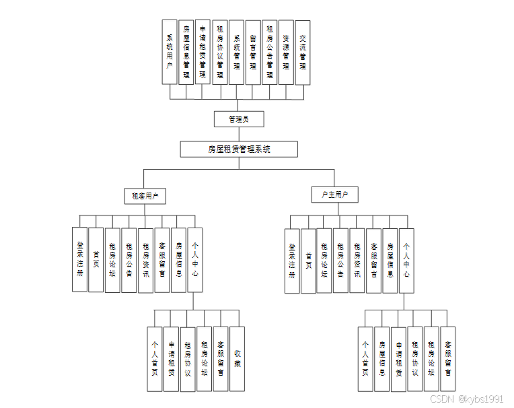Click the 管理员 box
pos(239,119)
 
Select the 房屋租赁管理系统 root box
pos(239,149)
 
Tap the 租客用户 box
pos(145,196)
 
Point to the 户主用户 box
pos(334,195)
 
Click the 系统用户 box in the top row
pos(170,52)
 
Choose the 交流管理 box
pos(303,52)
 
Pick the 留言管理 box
pos(253,52)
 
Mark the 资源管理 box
pos(286,52)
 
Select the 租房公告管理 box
pos(270,52)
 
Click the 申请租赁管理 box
pos(203,52)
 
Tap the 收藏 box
pos(237,359)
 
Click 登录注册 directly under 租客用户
pos(80,260)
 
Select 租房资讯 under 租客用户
pos(146,260)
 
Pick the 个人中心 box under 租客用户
pos(195,260)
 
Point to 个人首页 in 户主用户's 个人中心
pos(365,359)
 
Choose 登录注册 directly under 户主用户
pos(292,261)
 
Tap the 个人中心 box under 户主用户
pos(406,261)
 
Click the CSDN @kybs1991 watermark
pos(466,399)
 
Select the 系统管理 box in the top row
pos(236,52)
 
